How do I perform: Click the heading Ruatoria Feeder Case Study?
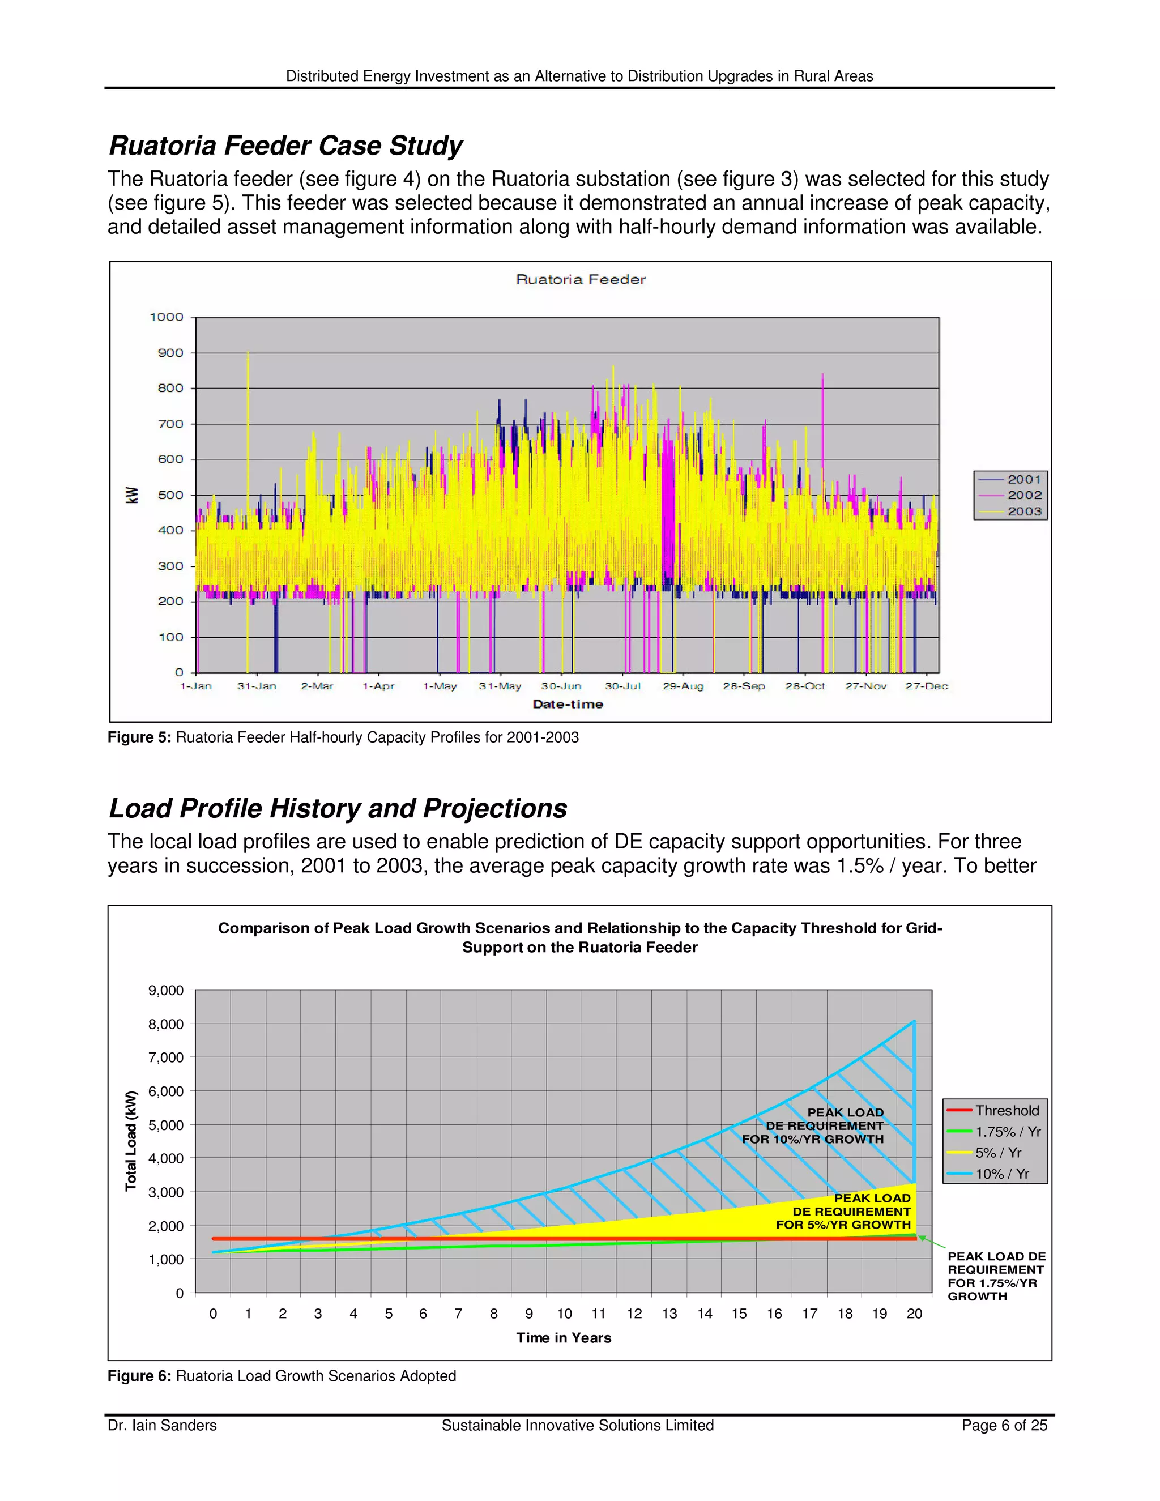click(285, 146)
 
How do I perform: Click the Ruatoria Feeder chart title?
click(580, 279)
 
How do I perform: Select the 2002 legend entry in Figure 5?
click(1023, 495)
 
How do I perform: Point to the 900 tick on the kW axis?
click(170, 352)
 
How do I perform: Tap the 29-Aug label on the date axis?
click(683, 686)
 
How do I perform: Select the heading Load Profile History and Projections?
click(338, 808)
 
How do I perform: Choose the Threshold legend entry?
click(1006, 1111)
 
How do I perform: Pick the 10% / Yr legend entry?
click(1002, 1174)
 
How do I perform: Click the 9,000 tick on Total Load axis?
click(165, 990)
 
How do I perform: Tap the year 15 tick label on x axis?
click(739, 1314)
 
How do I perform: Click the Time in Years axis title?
click(564, 1337)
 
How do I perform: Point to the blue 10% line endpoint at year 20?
click(914, 1021)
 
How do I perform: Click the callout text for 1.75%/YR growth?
click(995, 1276)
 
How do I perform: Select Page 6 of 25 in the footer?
click(1004, 1426)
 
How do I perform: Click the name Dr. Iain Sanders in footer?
click(162, 1426)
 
